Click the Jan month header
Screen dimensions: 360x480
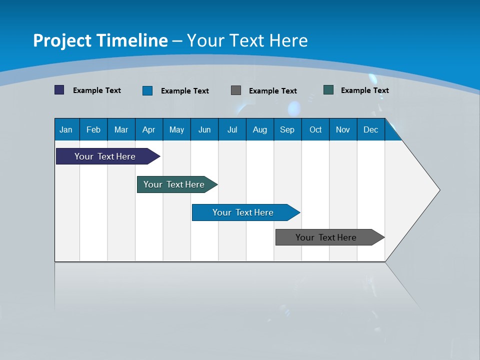(x=66, y=129)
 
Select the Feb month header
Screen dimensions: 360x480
(x=93, y=129)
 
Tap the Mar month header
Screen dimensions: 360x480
(x=121, y=129)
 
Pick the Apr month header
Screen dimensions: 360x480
(x=148, y=129)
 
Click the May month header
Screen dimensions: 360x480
(x=176, y=129)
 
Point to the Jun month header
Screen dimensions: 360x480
(x=204, y=129)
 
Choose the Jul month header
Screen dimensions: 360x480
(x=232, y=129)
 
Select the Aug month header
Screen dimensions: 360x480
(x=259, y=129)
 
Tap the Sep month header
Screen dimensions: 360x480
(x=287, y=129)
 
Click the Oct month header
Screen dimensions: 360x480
(x=315, y=129)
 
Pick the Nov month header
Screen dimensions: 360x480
(x=343, y=129)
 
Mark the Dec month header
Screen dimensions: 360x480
(x=370, y=129)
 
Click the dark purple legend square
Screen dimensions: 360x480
(x=59, y=90)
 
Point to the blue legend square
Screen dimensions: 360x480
(x=147, y=90)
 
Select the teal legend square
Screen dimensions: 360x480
(x=328, y=90)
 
